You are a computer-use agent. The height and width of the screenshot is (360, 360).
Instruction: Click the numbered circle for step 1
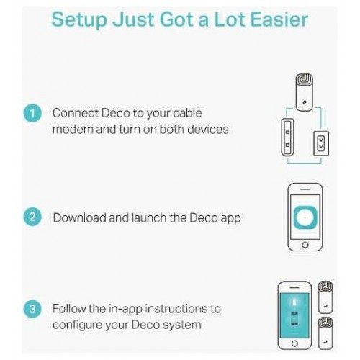click(x=32, y=113)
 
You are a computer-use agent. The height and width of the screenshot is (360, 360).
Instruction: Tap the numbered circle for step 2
click(x=32, y=217)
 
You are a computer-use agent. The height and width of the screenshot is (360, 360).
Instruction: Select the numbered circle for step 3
click(x=32, y=309)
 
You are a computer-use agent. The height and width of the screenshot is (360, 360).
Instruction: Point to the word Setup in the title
click(x=79, y=20)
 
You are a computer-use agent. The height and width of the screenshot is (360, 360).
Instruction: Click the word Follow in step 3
click(x=69, y=309)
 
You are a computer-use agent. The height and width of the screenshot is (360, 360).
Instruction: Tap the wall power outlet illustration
click(x=321, y=143)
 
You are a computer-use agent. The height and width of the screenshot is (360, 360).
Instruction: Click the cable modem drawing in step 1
click(x=287, y=138)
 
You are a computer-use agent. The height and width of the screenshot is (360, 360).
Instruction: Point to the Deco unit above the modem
click(x=304, y=92)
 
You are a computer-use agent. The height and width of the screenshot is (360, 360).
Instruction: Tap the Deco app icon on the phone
click(x=305, y=217)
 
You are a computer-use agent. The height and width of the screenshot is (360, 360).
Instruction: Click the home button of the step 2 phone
click(x=305, y=245)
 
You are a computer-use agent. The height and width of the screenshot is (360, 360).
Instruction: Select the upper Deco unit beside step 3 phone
click(x=325, y=297)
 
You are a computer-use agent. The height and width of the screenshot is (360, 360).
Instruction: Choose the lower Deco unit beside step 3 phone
click(x=325, y=333)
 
